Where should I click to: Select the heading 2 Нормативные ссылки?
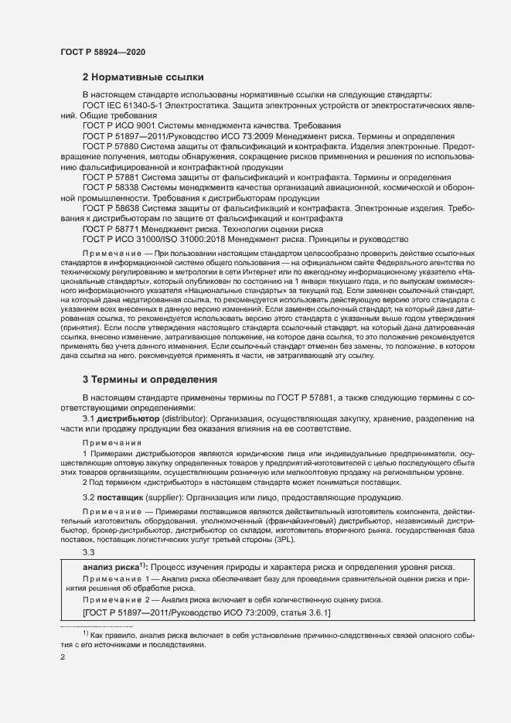coord(143,77)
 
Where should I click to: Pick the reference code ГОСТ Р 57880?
coord(109,145)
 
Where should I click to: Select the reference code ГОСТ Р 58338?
coord(109,186)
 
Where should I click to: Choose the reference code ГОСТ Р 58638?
coord(109,207)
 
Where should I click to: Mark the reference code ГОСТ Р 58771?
coord(109,228)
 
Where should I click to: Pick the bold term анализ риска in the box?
coord(110,567)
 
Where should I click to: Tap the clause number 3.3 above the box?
coord(88,551)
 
